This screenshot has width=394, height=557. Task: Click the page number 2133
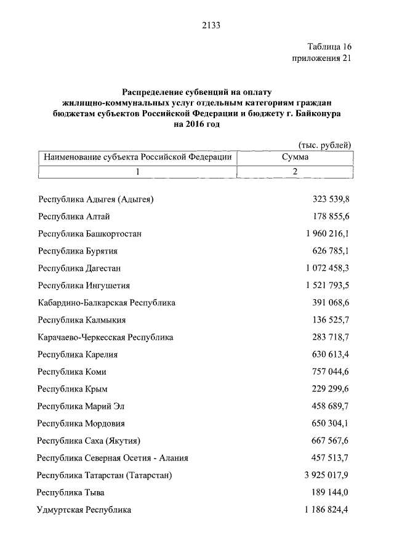click(211, 25)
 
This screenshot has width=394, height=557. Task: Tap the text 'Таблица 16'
click(329, 47)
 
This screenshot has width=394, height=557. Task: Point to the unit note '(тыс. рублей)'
click(324, 145)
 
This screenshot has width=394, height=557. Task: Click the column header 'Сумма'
click(295, 158)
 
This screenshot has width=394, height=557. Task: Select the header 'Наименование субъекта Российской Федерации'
click(137, 158)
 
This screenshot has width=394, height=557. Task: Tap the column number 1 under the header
click(138, 172)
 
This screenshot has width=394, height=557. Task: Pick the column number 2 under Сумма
click(295, 172)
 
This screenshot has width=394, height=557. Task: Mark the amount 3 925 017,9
click(321, 475)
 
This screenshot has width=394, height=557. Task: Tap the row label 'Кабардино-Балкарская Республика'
click(107, 303)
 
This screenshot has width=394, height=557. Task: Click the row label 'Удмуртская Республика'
click(84, 510)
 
